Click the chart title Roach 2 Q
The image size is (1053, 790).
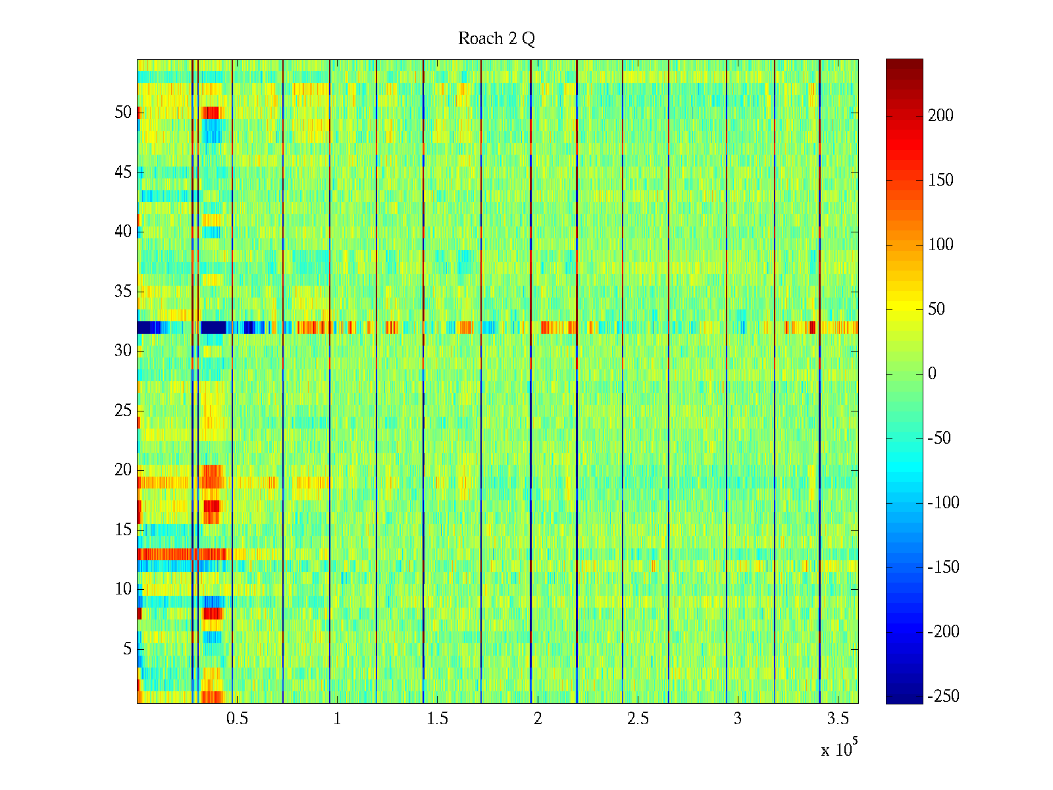[496, 39]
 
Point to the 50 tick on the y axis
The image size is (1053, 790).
[123, 113]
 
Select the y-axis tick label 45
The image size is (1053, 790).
[123, 172]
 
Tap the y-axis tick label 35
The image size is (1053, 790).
[123, 292]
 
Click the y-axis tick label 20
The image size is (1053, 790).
[123, 470]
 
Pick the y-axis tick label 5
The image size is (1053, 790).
[127, 649]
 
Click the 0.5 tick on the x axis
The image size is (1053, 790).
[237, 719]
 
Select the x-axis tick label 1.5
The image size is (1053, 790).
[438, 719]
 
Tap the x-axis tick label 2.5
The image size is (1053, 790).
[638, 719]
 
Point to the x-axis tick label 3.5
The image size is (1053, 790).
[838, 719]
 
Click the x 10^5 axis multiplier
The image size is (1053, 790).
[838, 749]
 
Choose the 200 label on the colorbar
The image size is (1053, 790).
[940, 116]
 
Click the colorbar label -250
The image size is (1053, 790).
[943, 697]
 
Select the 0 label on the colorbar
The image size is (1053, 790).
[931, 374]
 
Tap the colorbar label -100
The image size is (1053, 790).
[943, 503]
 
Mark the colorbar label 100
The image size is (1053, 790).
[940, 245]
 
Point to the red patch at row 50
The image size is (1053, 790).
[212, 113]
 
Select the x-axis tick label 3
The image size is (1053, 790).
[738, 719]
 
